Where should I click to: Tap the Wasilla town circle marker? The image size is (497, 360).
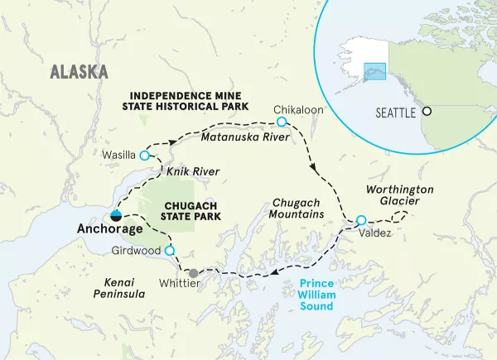point(144,156)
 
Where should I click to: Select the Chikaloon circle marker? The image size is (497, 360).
point(282,122)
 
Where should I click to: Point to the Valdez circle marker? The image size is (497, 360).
point(360,220)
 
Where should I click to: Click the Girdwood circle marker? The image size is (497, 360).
point(169,251)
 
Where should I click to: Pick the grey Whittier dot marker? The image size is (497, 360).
point(193,273)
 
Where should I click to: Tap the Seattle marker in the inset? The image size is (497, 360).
point(427,111)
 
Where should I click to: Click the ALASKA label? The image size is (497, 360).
point(80,71)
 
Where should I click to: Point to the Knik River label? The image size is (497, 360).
point(188,170)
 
